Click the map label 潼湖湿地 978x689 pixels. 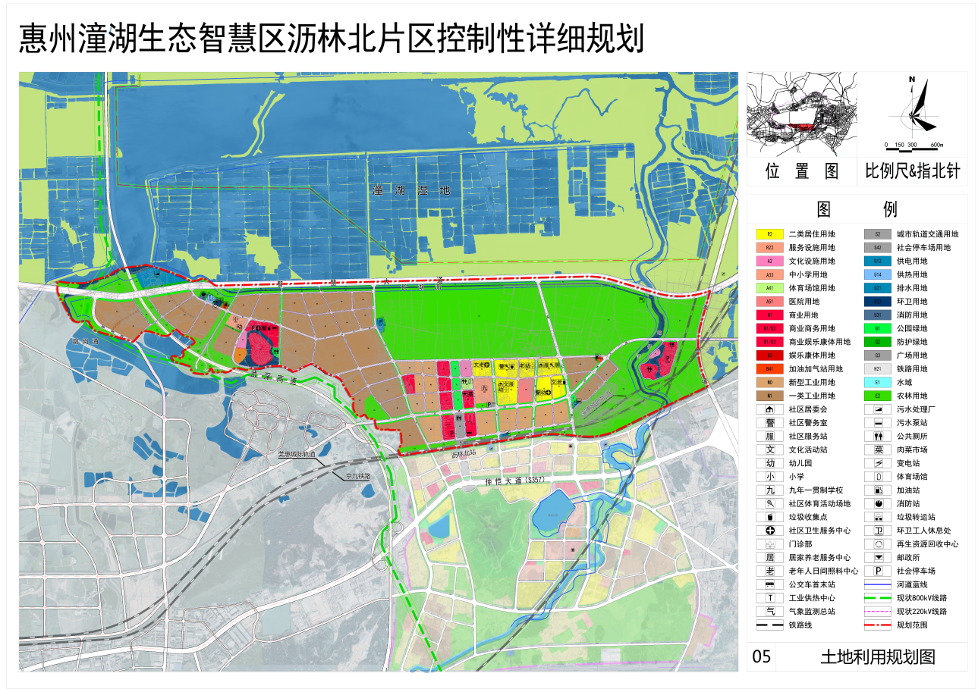[411, 190]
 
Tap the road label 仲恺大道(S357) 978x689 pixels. [516, 481]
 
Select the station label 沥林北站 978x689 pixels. [463, 455]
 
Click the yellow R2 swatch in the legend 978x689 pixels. [769, 234]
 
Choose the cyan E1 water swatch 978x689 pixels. [877, 383]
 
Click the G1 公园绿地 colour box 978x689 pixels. [877, 329]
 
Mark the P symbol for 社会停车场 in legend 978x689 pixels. [877, 572]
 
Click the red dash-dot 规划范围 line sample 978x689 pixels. [877, 625]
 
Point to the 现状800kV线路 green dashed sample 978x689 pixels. [877, 598]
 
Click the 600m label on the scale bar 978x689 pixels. [936, 144]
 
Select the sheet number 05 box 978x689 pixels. [761, 656]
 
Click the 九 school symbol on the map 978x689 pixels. [484, 388]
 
